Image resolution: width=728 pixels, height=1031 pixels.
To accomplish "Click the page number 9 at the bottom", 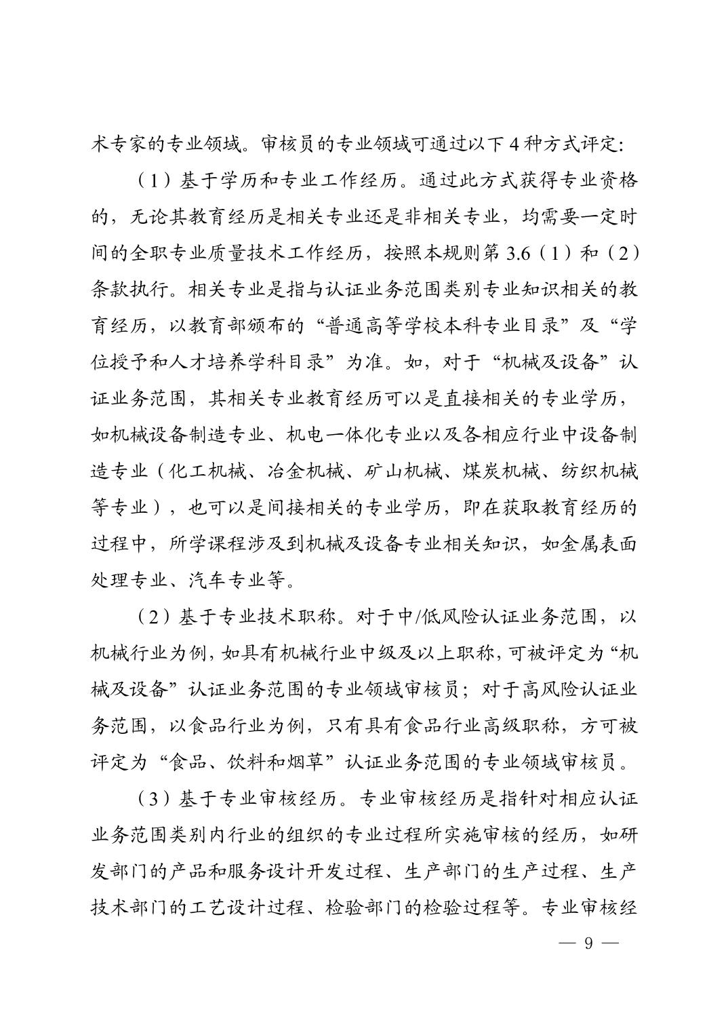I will [x=588, y=943].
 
